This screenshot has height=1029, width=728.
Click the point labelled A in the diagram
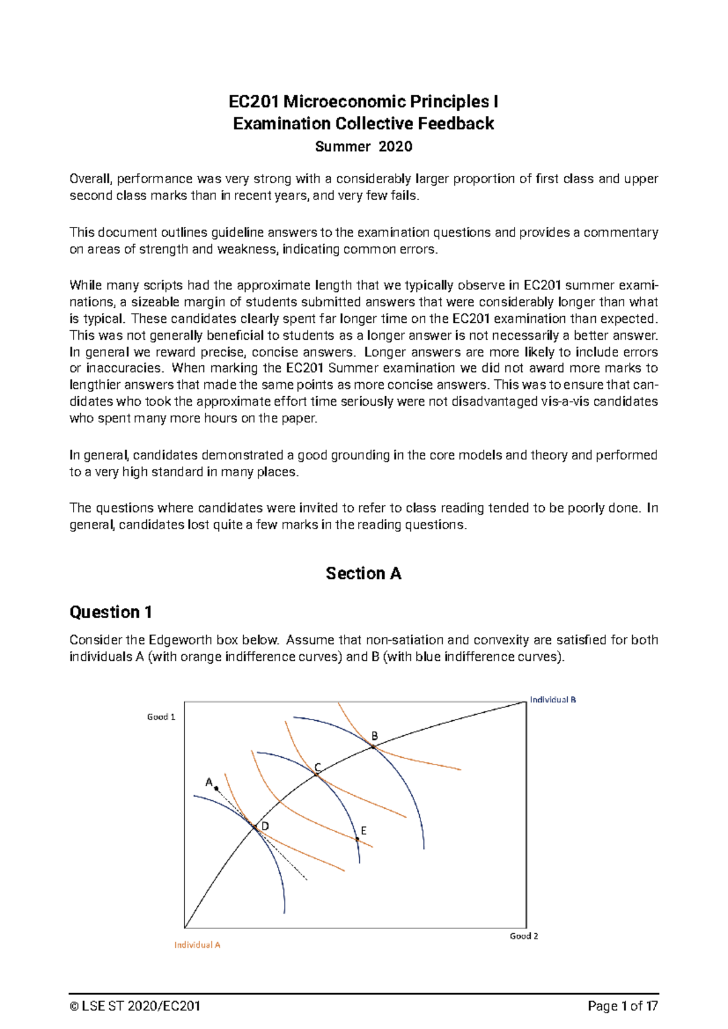coord(209,782)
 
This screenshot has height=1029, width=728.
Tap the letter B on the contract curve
coord(374,736)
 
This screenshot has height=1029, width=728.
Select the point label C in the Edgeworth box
coord(317,768)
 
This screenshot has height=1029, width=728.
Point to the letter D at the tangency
coord(265,826)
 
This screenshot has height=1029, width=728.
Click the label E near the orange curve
coord(363,831)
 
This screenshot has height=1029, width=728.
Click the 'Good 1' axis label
coord(161,717)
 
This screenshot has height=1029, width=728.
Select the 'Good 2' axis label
coord(524,936)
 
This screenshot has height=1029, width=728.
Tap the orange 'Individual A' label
coord(197,945)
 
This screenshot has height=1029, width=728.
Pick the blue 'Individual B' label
coord(553,700)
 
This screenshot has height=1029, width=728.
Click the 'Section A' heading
coord(363,573)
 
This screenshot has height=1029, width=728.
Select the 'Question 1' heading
coord(110,612)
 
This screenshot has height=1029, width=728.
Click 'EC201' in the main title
coord(254,101)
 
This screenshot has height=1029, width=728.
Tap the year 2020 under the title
coord(395,146)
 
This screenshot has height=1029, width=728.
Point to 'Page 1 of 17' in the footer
coord(622,1007)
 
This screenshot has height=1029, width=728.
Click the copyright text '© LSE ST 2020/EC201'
coord(135,1007)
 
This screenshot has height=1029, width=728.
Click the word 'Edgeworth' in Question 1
coord(177,640)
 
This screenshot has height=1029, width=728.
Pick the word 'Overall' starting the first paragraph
coord(90,179)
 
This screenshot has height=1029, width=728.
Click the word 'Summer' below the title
coord(343,146)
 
